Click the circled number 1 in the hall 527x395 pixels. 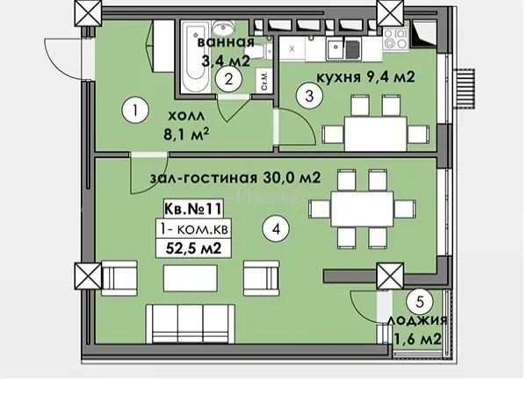(x=135, y=111)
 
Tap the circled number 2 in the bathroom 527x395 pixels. (x=229, y=79)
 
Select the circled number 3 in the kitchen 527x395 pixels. (x=309, y=96)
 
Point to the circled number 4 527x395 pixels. (x=276, y=229)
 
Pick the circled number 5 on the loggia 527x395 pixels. (x=420, y=302)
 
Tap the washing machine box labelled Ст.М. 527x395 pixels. (x=263, y=80)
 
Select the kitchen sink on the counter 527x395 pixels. (x=335, y=49)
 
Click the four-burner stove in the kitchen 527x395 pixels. (x=396, y=39)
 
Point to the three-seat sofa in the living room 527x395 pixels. (x=191, y=323)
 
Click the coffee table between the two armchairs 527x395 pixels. (x=191, y=278)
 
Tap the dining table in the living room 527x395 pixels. (x=362, y=209)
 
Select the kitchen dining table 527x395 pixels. (x=376, y=133)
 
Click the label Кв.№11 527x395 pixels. (x=193, y=209)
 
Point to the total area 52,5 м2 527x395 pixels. (x=193, y=248)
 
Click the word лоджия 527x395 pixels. (x=416, y=320)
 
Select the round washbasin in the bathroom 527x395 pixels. (x=222, y=28)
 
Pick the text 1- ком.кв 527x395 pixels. (x=194, y=229)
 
